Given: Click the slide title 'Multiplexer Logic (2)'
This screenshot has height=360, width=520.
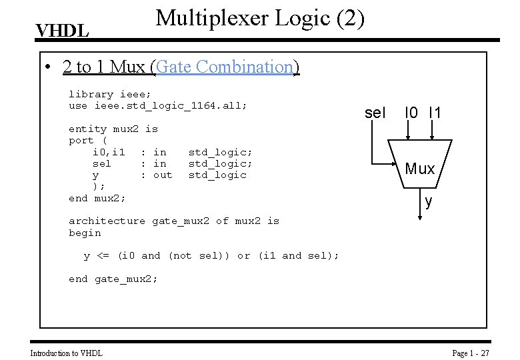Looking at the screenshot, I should (260, 18).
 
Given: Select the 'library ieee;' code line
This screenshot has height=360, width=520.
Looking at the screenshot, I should (109, 94).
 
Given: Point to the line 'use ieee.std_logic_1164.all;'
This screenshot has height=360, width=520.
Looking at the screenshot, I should (157, 105).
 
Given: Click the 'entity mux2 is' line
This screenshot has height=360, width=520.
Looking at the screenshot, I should (113, 129).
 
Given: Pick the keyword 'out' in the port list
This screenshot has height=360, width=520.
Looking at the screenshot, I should (163, 175).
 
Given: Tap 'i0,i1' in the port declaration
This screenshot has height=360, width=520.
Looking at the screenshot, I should (109, 152).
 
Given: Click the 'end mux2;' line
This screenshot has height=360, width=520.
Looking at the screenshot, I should (97, 198).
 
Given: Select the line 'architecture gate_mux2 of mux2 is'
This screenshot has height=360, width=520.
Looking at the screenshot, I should (174, 221).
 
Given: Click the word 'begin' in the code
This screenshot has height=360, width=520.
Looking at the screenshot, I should (85, 233).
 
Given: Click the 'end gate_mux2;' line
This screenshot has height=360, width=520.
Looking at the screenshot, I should (113, 279).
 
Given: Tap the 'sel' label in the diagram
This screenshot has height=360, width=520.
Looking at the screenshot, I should (375, 113).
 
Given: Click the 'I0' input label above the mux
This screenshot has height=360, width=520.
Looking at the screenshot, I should (411, 113).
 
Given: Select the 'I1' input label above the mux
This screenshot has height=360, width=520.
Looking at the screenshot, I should (435, 113).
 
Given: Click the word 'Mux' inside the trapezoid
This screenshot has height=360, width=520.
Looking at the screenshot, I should (420, 169).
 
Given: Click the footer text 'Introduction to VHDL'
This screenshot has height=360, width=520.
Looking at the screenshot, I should (67, 353).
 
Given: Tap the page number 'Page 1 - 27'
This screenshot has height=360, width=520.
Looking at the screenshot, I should (471, 353).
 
